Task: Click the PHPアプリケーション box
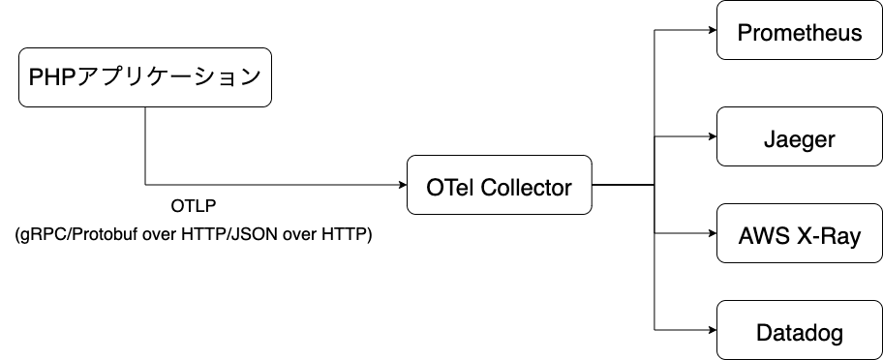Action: [144, 77]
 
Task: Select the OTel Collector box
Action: [499, 184]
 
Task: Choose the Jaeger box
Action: [799, 138]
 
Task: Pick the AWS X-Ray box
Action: [799, 234]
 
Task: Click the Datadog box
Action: [799, 334]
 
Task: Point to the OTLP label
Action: [193, 206]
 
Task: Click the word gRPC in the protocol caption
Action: [40, 234]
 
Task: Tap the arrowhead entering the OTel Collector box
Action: [401, 184]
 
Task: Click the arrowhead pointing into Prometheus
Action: [711, 29]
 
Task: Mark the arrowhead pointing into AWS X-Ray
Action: [711, 233]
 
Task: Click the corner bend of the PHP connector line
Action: [145, 184]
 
